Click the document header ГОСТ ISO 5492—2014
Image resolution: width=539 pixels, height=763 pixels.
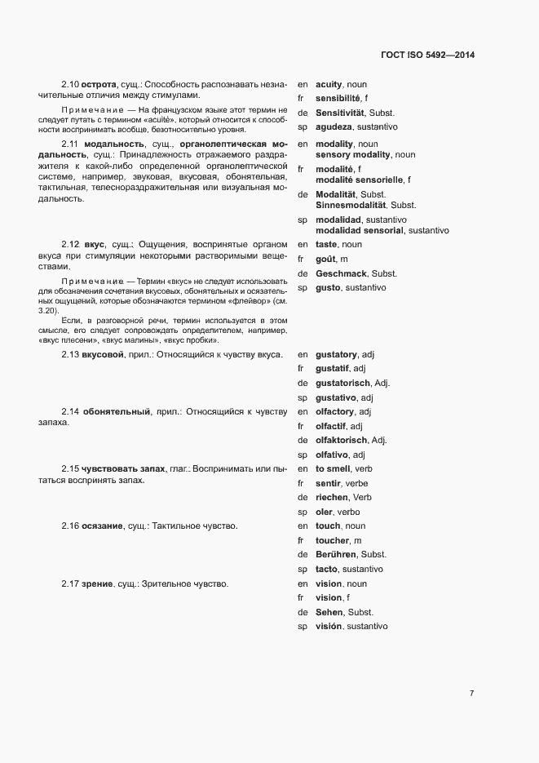pyautogui.click(x=427, y=55)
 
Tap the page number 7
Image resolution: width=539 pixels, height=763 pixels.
pyautogui.click(x=471, y=694)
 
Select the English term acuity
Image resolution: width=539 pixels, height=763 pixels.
pyautogui.click(x=329, y=84)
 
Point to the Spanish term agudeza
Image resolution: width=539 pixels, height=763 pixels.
pyautogui.click(x=334, y=127)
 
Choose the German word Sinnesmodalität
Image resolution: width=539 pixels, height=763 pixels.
pyautogui.click(x=352, y=205)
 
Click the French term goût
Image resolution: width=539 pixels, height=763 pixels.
pyautogui.click(x=325, y=259)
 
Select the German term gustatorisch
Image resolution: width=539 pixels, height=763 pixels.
pyautogui.click(x=342, y=383)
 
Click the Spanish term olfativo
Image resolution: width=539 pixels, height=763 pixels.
pyautogui.click(x=333, y=455)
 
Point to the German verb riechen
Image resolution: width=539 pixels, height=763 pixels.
pyautogui.click(x=331, y=497)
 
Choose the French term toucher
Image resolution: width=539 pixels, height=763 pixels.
pyautogui.click(x=332, y=540)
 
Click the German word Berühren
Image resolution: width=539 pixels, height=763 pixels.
pyautogui.click(x=335, y=554)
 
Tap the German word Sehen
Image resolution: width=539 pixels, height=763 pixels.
pyautogui.click(x=328, y=612)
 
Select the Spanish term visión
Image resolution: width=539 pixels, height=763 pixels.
pyautogui.click(x=329, y=626)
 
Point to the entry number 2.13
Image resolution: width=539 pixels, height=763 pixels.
pyautogui.click(x=70, y=354)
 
